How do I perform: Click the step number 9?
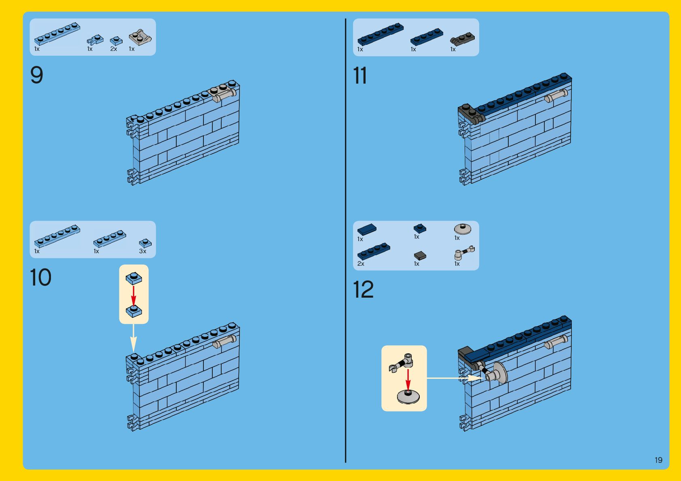[36, 75]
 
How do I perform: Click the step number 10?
[40, 277]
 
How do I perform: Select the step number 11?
[360, 76]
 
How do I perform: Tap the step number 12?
[363, 290]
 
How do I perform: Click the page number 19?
[658, 460]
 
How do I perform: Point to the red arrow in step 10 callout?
[133, 295]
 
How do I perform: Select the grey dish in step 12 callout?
[408, 397]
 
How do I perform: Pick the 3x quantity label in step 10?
[142, 251]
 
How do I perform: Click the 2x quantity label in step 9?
[114, 49]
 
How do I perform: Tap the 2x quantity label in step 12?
[361, 264]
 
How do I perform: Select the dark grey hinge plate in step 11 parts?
[462, 39]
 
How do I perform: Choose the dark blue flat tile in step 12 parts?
[367, 229]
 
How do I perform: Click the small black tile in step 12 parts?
[420, 255]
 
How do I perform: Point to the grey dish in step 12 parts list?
[462, 229]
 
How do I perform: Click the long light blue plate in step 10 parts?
[57, 236]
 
